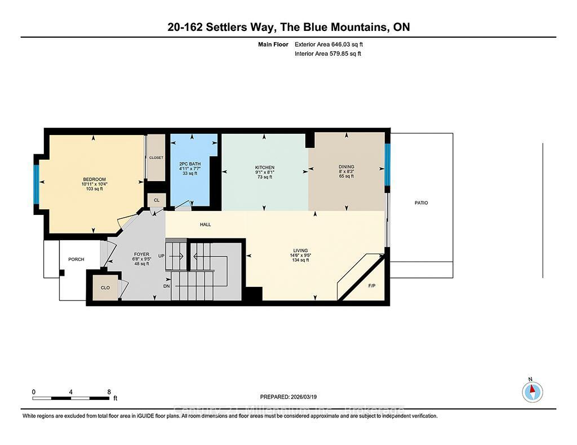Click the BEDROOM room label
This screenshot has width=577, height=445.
[x=94, y=179]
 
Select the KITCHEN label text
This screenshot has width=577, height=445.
[x=264, y=168]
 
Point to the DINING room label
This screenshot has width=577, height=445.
[x=346, y=167]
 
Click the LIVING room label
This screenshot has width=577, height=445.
[x=300, y=251]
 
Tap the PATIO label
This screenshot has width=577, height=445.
[x=421, y=203]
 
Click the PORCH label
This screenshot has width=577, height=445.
[x=76, y=259]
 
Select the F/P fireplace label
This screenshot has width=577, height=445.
[x=372, y=286]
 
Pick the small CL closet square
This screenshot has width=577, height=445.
[x=156, y=200]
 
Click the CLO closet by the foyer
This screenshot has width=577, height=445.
[x=105, y=287]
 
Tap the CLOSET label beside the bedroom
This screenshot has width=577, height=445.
[x=156, y=158]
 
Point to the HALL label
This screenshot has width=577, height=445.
[x=205, y=224]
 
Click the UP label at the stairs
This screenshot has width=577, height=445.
[x=162, y=256]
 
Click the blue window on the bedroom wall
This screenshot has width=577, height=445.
[x=37, y=184]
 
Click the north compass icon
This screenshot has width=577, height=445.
[x=532, y=391]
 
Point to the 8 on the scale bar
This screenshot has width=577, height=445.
[x=109, y=392]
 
